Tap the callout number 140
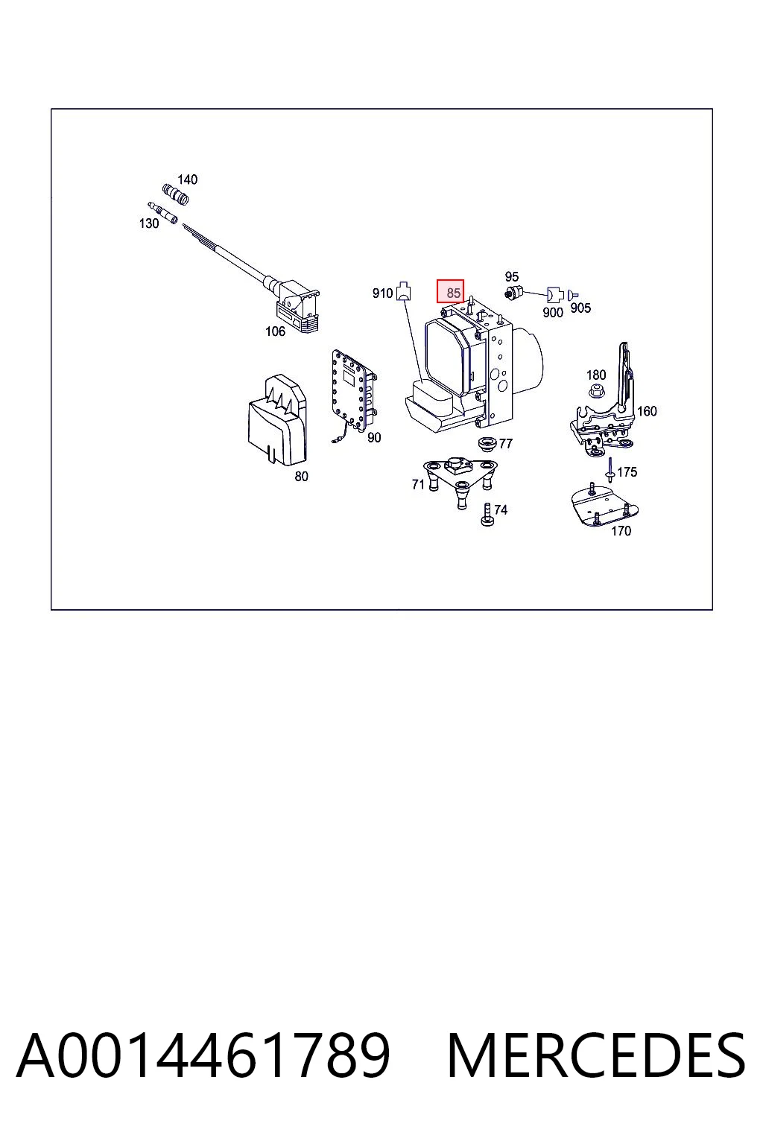point(187,179)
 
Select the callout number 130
point(149,223)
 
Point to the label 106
point(275,331)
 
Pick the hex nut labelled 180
point(595,392)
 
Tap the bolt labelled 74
point(487,515)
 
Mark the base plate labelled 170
point(604,508)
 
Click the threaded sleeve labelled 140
point(175,194)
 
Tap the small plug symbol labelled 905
point(572,295)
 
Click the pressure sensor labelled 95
point(513,293)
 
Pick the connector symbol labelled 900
point(554,295)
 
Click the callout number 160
point(647,410)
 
